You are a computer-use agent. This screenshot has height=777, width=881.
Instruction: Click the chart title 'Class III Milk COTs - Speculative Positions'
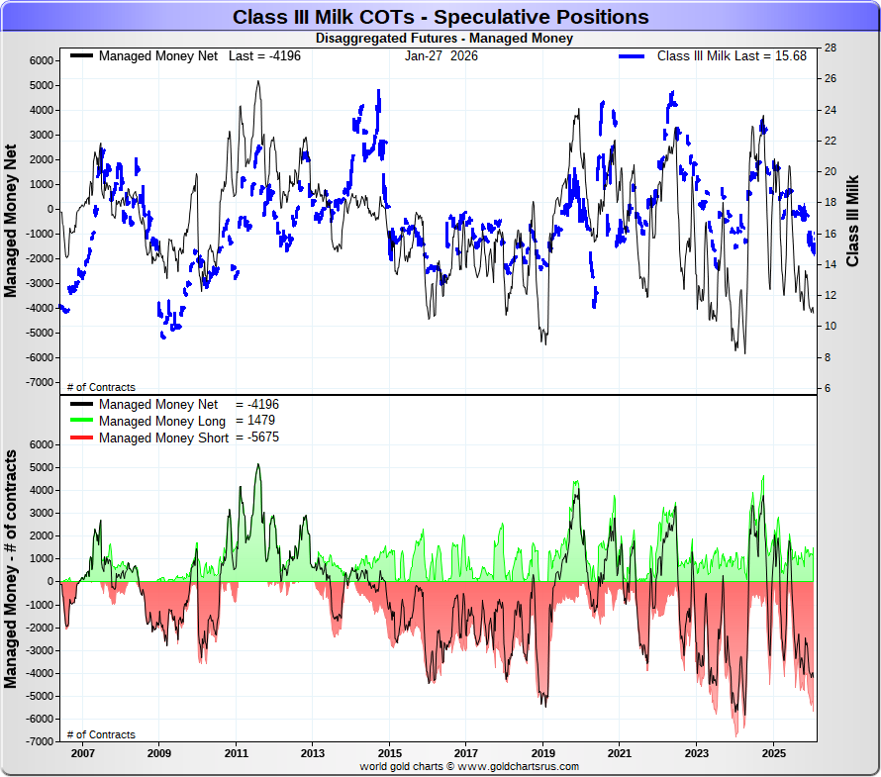tap(440, 17)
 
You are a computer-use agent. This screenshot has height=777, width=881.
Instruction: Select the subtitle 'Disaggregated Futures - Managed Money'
tap(443, 39)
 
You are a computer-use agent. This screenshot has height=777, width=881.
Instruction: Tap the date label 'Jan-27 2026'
tap(440, 55)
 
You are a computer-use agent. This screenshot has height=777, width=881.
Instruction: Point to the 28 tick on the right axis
tap(831, 48)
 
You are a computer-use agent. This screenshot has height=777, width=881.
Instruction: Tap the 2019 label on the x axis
tap(542, 753)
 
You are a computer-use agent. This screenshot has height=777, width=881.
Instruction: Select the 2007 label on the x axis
tap(82, 753)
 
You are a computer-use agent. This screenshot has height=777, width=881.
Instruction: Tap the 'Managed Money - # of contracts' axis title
tap(11, 569)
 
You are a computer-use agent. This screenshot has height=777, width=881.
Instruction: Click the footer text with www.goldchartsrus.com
tap(469, 766)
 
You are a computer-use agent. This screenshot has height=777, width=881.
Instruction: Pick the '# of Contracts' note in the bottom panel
tap(101, 734)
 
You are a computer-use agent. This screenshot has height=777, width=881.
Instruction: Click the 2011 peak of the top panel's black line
tap(258, 81)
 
